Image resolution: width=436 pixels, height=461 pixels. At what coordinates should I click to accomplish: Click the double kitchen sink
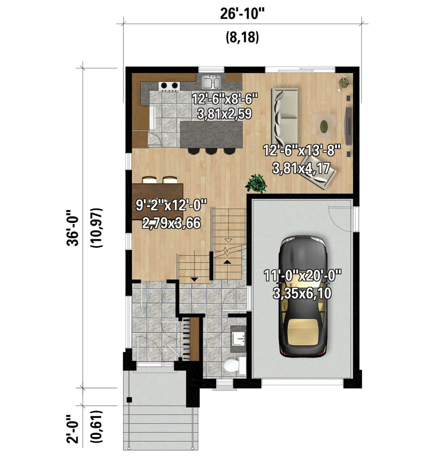click(211, 82)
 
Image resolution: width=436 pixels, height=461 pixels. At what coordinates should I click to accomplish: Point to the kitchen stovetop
click(169, 86)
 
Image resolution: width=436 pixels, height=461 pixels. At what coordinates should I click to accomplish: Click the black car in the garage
click(303, 297)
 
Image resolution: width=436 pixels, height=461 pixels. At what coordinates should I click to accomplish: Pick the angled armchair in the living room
click(318, 172)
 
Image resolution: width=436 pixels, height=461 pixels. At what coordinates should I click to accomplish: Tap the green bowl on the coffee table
click(324, 127)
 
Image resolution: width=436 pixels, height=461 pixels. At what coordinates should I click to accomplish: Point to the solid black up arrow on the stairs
click(226, 262)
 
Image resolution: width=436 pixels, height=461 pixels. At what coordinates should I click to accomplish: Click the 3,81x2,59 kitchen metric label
click(225, 114)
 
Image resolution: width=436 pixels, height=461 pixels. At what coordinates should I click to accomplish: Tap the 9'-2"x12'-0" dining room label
click(171, 205)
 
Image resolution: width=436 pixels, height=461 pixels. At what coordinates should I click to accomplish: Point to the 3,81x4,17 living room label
click(301, 168)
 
